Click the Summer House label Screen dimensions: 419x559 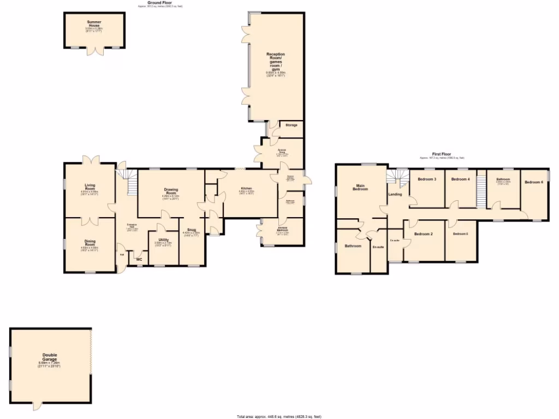[94, 23]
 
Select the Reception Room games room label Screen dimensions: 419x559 [276, 62]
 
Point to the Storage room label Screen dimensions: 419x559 [291, 125]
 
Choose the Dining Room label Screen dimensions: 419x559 [90, 242]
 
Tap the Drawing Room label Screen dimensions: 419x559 [171, 192]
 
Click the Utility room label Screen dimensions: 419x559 [164, 240]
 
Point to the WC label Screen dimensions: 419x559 [139, 260]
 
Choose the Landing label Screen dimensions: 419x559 [395, 194]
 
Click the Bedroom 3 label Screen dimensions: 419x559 [427, 179]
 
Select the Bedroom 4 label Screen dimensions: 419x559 [461, 179]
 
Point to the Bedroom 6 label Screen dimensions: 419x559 [534, 182]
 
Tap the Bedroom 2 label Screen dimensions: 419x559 [423, 234]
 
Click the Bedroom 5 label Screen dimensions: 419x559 [461, 234]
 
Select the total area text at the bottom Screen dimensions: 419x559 [279, 416]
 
